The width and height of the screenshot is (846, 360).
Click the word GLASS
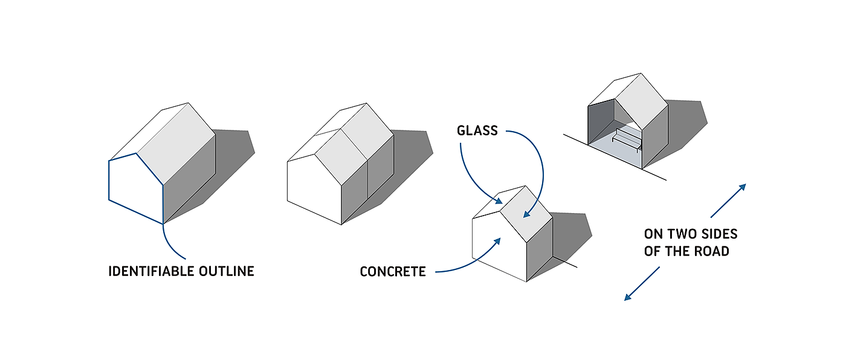[x=477, y=130]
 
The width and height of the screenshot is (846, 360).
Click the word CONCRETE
[x=393, y=272]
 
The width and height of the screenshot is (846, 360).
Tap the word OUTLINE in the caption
[x=227, y=271]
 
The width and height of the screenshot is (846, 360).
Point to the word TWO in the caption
[x=680, y=234]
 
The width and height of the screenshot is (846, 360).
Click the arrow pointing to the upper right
[x=728, y=201]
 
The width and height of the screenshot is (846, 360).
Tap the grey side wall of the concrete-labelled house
[x=540, y=248]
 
